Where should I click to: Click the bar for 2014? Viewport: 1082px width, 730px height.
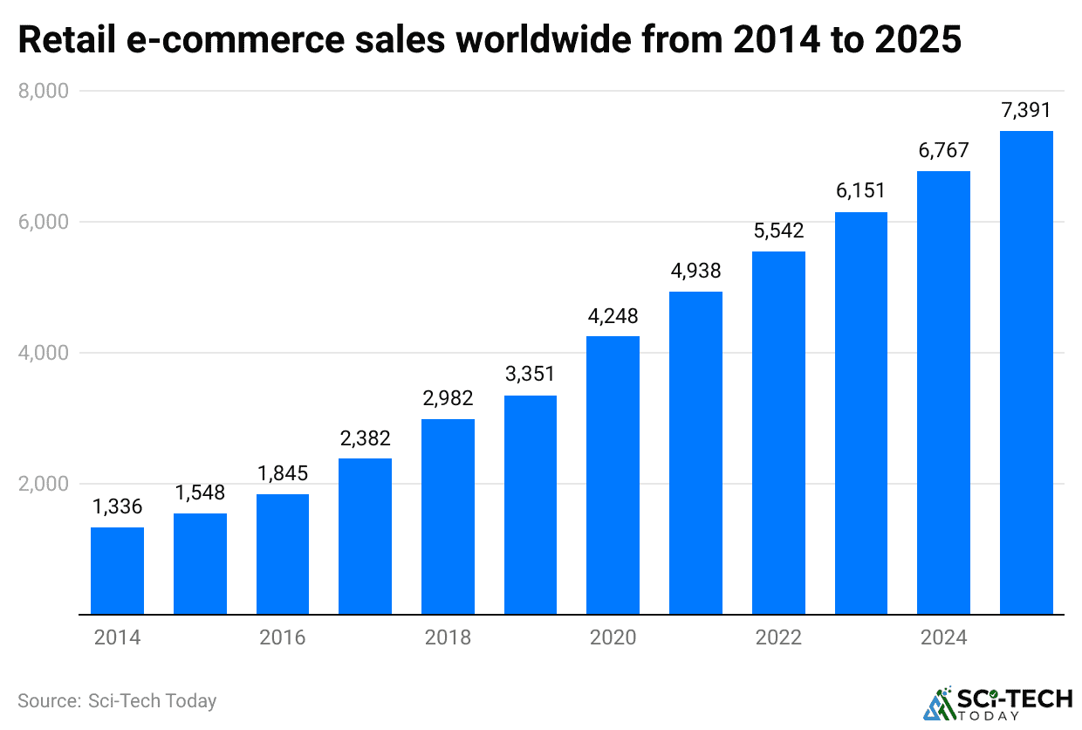point(117,571)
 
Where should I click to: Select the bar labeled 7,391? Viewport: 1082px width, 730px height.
point(1026,373)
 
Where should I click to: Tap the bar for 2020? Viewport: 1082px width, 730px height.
point(613,475)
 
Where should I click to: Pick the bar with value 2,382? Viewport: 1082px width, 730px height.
point(365,536)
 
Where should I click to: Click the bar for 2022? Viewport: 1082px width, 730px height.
point(778,433)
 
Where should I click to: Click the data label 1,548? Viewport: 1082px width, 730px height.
point(200,492)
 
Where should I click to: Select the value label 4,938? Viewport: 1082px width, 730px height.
point(695,271)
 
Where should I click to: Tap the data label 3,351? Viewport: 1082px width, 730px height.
point(530,375)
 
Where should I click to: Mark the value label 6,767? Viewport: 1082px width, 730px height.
point(943,150)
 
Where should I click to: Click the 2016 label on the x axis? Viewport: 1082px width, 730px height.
point(283,637)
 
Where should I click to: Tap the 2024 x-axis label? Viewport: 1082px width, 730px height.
point(943,637)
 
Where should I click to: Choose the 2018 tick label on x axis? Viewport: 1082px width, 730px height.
point(448,637)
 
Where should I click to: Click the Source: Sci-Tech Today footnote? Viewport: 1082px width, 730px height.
point(117,700)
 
